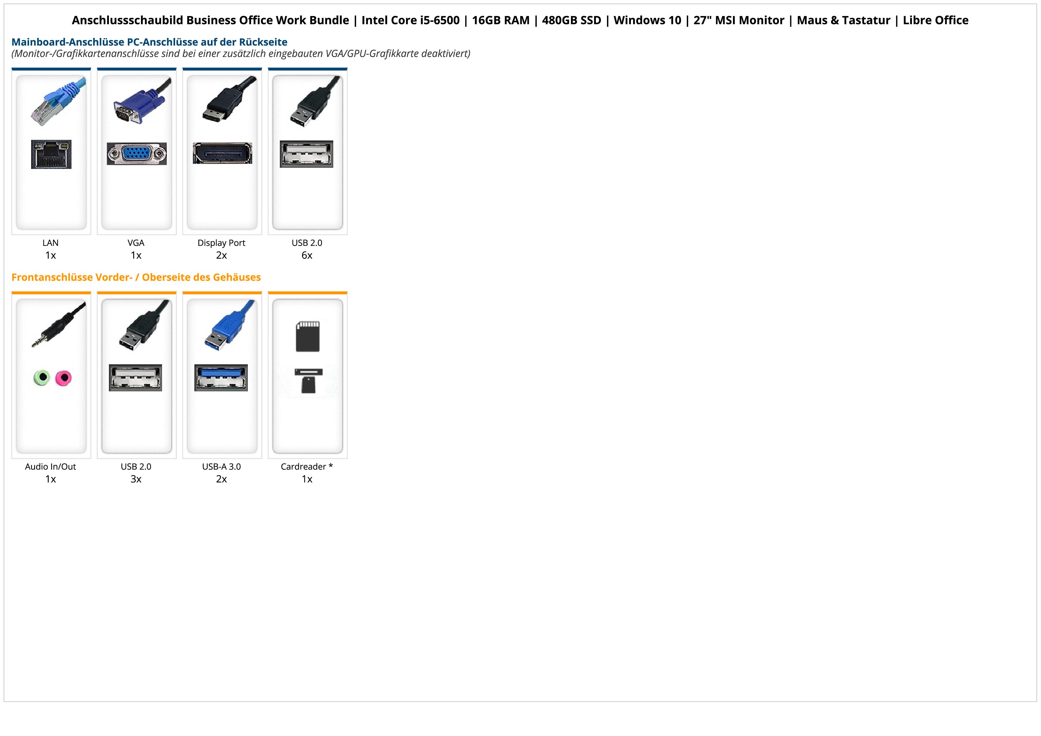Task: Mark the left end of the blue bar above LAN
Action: click(x=12, y=69)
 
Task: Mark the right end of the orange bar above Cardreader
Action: click(x=347, y=292)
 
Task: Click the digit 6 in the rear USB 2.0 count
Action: click(x=304, y=255)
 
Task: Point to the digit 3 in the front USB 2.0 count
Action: click(x=133, y=479)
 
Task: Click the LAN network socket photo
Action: click(x=51, y=154)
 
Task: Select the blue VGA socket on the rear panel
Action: click(x=137, y=154)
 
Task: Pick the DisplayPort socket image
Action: click(x=222, y=153)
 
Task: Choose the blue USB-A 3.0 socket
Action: click(x=221, y=377)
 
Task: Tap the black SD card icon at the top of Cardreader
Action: click(x=307, y=336)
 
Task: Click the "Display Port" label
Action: click(x=221, y=243)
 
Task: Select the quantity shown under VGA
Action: click(x=136, y=255)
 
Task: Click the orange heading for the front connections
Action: click(x=136, y=277)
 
